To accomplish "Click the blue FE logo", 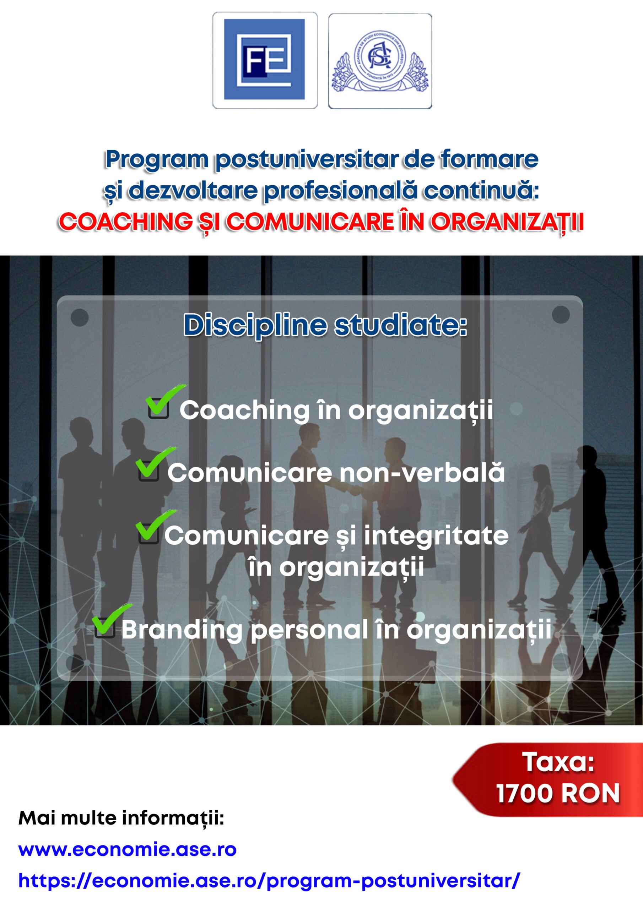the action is tap(264, 59).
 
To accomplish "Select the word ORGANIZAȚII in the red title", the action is tap(507, 223).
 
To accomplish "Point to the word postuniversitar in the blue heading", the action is tap(307, 160).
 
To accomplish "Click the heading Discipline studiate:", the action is tap(325, 326).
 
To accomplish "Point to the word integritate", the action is tap(436, 537).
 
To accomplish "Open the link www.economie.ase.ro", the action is tap(128, 849).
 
